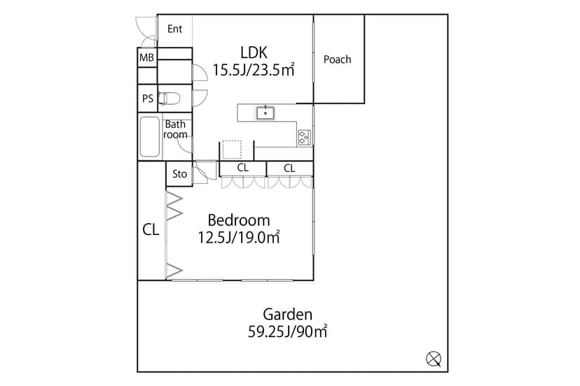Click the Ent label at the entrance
[174, 29]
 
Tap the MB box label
[146, 57]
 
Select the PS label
[148, 99]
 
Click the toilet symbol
[169, 99]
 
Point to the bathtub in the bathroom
[150, 136]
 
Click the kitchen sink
[265, 113]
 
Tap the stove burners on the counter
[304, 137]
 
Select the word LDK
[254, 53]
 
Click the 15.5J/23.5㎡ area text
[254, 70]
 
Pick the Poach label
[338, 59]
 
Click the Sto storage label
[179, 174]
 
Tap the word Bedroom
[239, 220]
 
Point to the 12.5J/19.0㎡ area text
[239, 238]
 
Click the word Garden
[288, 315]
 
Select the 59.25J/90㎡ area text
[287, 331]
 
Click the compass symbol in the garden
[434, 359]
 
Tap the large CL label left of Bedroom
[151, 230]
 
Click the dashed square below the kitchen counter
[232, 150]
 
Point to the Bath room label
[175, 129]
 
